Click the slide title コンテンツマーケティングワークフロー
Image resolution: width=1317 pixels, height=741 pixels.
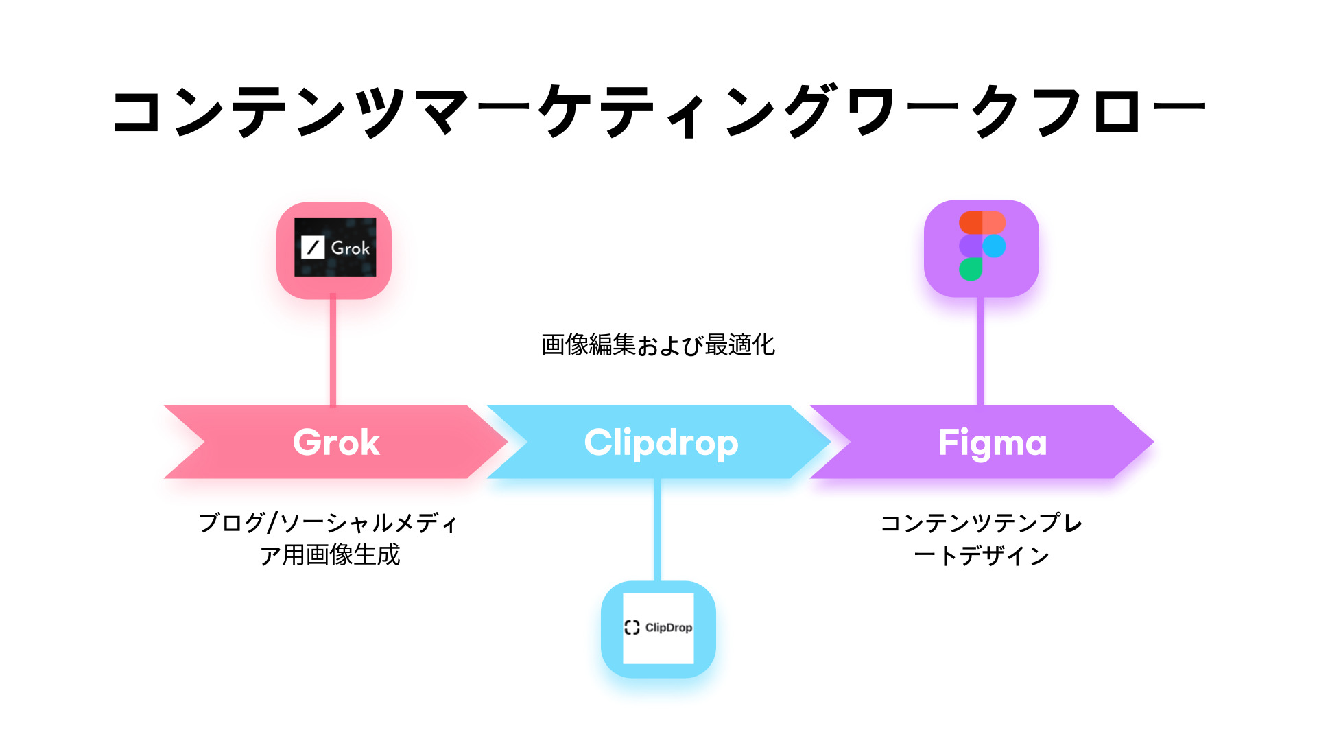[x=658, y=111]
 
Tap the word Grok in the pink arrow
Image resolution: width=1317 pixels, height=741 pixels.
[x=336, y=443]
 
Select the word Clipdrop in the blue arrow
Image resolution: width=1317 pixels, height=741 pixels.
[x=661, y=443]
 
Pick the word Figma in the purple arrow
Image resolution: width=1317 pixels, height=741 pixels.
[x=992, y=443]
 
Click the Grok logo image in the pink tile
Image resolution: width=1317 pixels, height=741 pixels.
[x=335, y=248]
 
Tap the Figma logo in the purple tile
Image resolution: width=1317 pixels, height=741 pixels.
[x=982, y=246]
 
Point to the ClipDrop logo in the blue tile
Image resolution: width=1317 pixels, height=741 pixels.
[x=658, y=628]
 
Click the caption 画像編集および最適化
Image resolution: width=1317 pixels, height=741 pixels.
[x=658, y=344]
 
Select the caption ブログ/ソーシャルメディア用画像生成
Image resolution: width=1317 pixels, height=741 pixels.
[x=329, y=539]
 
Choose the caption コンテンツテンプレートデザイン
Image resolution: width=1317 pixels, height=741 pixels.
[x=982, y=539]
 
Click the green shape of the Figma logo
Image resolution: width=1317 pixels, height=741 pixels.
[x=971, y=269]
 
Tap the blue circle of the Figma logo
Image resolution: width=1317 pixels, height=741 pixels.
[x=994, y=246]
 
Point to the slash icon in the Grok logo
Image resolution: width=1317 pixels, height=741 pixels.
[x=313, y=247]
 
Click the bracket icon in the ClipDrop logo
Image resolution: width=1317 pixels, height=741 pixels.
[x=632, y=628]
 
